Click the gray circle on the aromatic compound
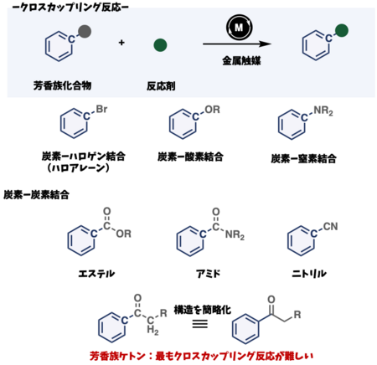pyautogui.click(x=85, y=31)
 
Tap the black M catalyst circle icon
pyautogui.click(x=239, y=28)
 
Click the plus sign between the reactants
pyautogui.click(x=121, y=43)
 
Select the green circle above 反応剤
pyautogui.click(x=160, y=45)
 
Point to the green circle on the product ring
pyautogui.click(x=342, y=30)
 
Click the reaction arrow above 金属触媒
pyautogui.click(x=237, y=44)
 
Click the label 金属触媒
pyautogui.click(x=241, y=60)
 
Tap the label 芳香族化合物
pyautogui.click(x=62, y=85)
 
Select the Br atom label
pyautogui.click(x=101, y=109)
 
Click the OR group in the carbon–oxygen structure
pyautogui.click(x=212, y=110)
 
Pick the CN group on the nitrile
pyautogui.click(x=330, y=226)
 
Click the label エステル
pyautogui.click(x=96, y=274)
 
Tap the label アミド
pyautogui.click(x=208, y=274)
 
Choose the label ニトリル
pyautogui.click(x=309, y=274)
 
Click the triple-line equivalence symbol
pyautogui.click(x=200, y=323)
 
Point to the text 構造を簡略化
pyautogui.click(x=203, y=310)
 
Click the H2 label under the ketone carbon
pyautogui.click(x=152, y=331)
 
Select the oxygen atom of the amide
pyautogui.click(x=216, y=212)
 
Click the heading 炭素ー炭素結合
pyautogui.click(x=36, y=195)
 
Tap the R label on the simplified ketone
pyautogui.click(x=297, y=315)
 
